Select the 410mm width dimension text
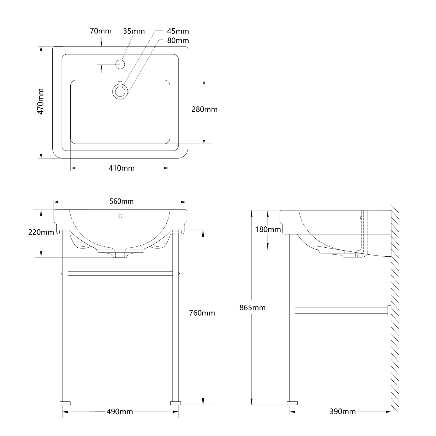[x=121, y=168]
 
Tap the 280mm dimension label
[x=204, y=109]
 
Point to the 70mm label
[x=101, y=31]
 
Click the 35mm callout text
[x=134, y=31]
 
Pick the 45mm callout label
[x=178, y=31]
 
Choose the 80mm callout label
[x=178, y=40]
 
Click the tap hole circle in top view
[x=120, y=64]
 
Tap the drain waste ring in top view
[x=120, y=91]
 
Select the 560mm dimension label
[x=121, y=201]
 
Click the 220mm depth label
[x=41, y=232]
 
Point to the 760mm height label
[x=202, y=313]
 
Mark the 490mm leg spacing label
[x=120, y=412]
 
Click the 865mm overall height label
[x=252, y=308]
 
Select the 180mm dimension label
[x=268, y=230]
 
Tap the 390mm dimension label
[x=342, y=412]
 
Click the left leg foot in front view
[x=65, y=403]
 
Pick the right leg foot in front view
[x=175, y=403]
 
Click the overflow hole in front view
[x=120, y=216]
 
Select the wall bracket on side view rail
[x=389, y=310]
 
